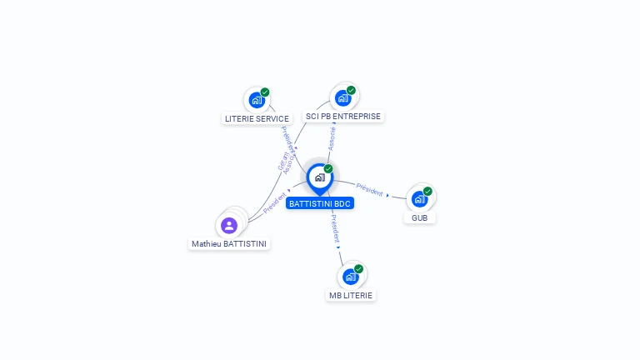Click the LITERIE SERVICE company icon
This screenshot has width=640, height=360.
click(x=256, y=100)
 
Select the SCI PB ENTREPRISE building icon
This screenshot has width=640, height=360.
click(x=342, y=97)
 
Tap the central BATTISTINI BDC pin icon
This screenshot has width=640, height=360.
click(x=319, y=177)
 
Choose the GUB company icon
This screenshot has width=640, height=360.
click(x=419, y=198)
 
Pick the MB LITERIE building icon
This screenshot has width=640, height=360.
click(x=351, y=276)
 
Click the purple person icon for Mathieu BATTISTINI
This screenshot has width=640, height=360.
click(x=229, y=225)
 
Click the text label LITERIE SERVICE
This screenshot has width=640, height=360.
click(x=257, y=118)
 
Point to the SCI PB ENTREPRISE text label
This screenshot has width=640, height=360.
click(x=343, y=117)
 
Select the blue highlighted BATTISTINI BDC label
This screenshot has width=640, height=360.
click(x=320, y=203)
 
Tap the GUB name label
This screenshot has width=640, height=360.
click(x=420, y=217)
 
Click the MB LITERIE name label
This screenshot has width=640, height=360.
click(x=351, y=295)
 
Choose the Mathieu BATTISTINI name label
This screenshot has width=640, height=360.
click(x=230, y=244)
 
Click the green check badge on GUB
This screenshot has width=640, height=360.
click(x=427, y=191)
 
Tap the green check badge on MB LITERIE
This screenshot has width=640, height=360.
click(x=358, y=268)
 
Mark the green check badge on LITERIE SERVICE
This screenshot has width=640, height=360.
click(x=265, y=92)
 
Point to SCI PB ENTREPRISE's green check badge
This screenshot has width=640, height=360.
click(x=351, y=90)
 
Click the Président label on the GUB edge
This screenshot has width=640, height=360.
click(x=369, y=188)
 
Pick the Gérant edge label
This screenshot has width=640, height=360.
click(x=283, y=159)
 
